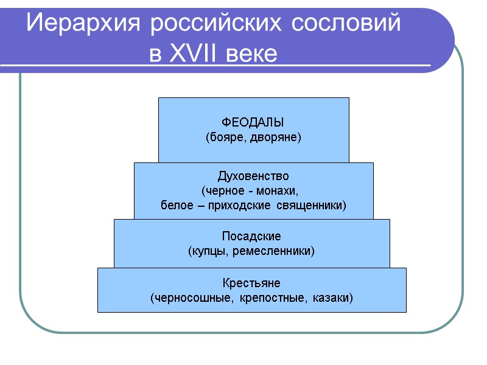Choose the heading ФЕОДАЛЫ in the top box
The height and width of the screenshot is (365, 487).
[x=253, y=122]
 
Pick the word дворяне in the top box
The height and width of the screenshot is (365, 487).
[x=275, y=137]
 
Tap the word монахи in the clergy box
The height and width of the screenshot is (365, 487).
[x=281, y=190]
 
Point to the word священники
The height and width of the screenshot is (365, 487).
[x=309, y=205]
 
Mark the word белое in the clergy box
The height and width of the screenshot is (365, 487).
[x=173, y=205]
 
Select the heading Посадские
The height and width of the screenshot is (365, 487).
[x=252, y=235]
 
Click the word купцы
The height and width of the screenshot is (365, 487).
[x=208, y=250]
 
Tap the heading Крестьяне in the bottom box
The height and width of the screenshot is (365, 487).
[x=251, y=283]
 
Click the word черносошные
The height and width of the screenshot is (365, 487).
[x=185, y=298]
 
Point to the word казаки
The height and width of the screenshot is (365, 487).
[x=332, y=298]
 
